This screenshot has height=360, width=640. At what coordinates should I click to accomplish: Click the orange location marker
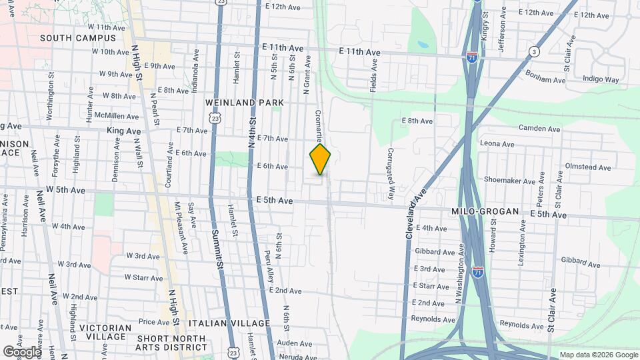click(320, 159)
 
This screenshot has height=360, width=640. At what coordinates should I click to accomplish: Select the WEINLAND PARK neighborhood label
click(245, 103)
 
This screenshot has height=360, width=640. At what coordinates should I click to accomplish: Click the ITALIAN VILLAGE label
click(229, 323)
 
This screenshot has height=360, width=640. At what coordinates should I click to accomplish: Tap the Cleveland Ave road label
click(414, 211)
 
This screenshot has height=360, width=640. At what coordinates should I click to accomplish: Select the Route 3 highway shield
click(534, 51)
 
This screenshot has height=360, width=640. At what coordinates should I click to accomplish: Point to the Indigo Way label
click(601, 79)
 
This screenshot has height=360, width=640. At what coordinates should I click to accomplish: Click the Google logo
click(21, 351)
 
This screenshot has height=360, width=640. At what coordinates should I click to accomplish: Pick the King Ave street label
click(121, 131)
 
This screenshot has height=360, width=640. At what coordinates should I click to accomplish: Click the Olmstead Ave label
click(588, 165)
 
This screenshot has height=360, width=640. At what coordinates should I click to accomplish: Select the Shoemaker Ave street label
click(510, 181)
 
